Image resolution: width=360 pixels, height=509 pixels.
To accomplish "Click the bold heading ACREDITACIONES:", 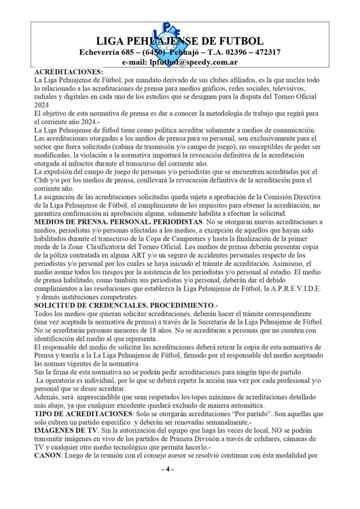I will (69, 71).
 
